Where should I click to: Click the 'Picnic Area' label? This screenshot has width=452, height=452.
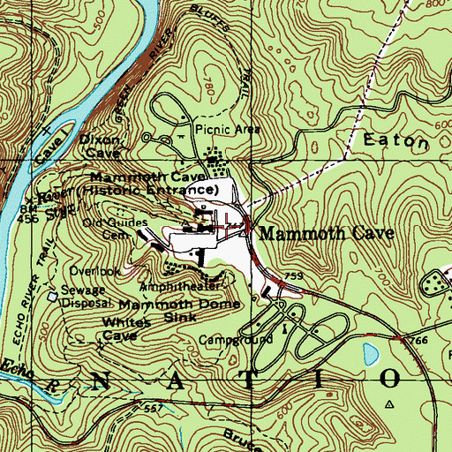[x=228, y=129]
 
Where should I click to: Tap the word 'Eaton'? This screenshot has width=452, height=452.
[x=395, y=140]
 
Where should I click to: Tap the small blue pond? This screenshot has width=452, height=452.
[x=369, y=355]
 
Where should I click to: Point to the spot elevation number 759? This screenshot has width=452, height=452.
[x=295, y=277]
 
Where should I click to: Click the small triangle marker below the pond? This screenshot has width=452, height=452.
[x=388, y=402]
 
